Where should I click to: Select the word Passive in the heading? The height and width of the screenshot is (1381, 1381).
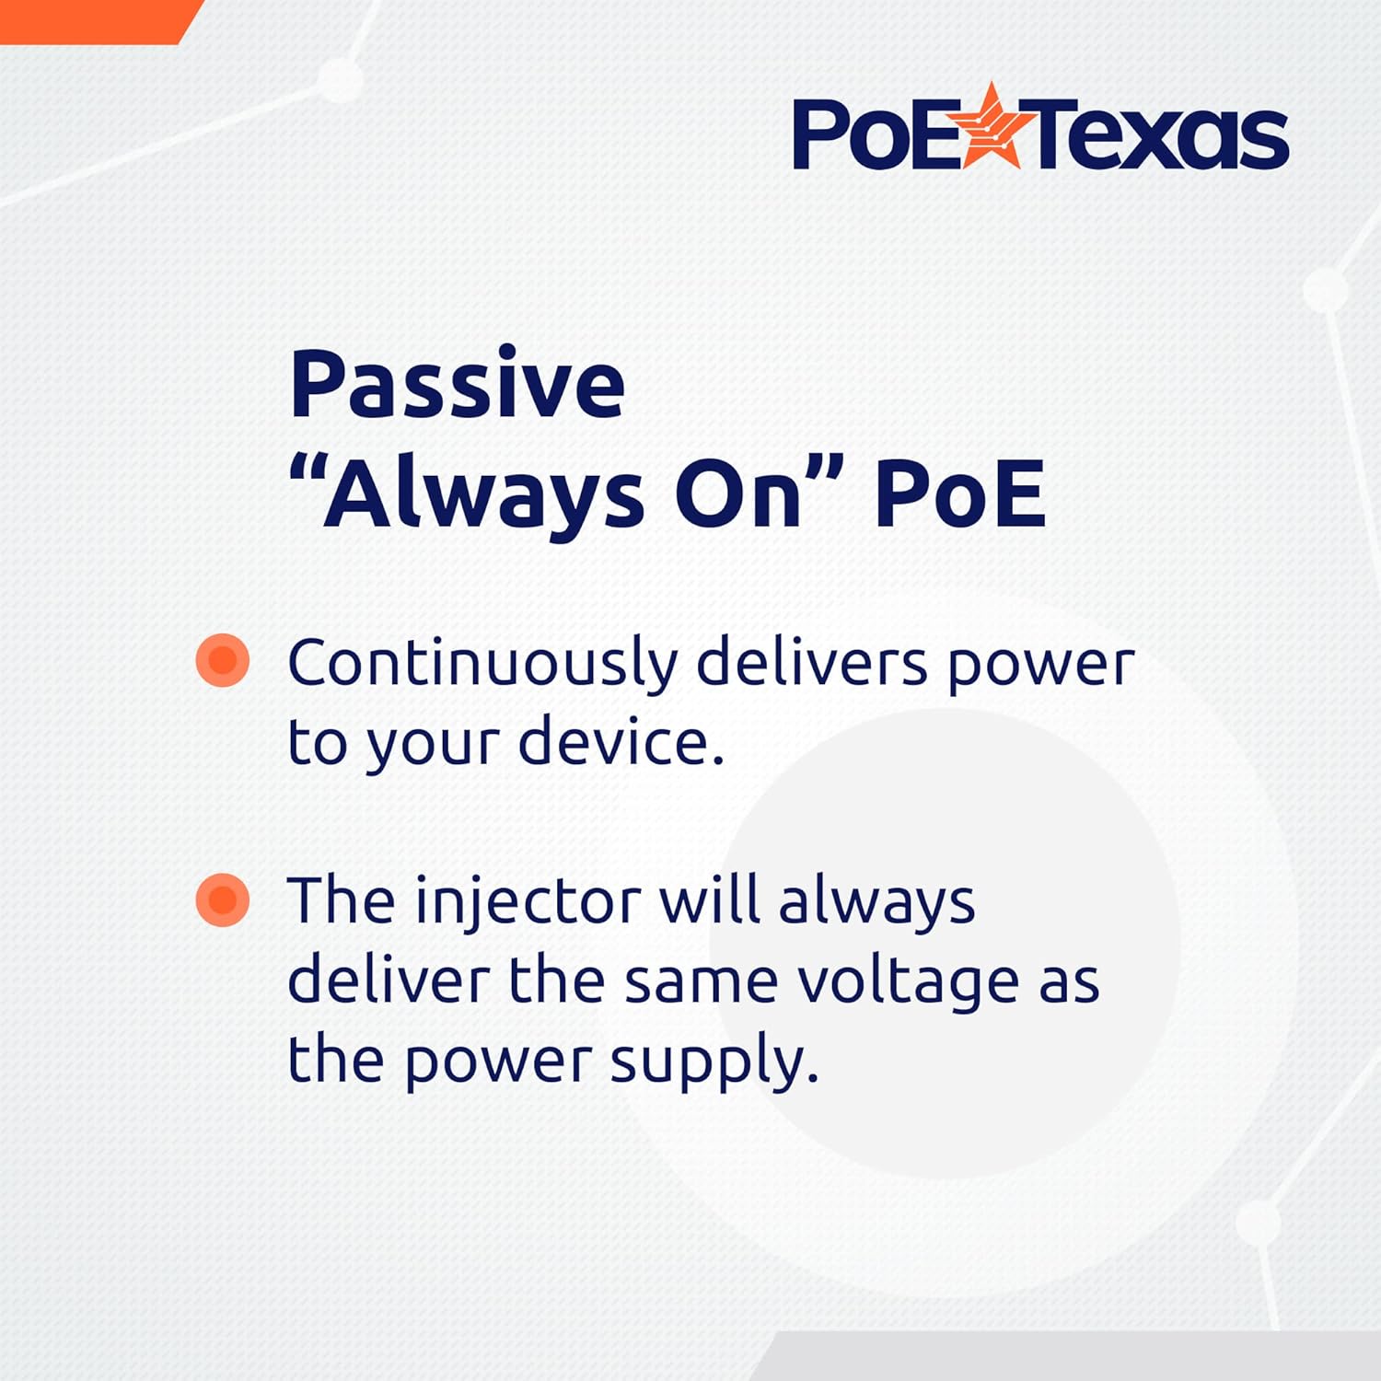pyautogui.click(x=457, y=384)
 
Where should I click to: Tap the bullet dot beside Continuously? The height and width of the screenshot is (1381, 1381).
pyautogui.click(x=223, y=660)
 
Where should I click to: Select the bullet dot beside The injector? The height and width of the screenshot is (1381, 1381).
pyautogui.click(x=223, y=899)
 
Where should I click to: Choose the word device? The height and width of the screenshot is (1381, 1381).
pyautogui.click(x=621, y=742)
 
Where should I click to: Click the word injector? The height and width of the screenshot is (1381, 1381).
pyautogui.click(x=528, y=901)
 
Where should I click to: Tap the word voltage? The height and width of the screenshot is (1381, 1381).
pyautogui.click(x=908, y=981)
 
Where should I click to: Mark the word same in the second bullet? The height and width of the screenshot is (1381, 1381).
pyautogui.click(x=701, y=981)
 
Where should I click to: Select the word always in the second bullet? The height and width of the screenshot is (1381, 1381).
pyautogui.click(x=876, y=901)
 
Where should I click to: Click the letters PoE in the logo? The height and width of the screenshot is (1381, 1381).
pyautogui.click(x=875, y=135)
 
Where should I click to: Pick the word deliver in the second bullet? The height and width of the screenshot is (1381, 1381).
pyautogui.click(x=388, y=981)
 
